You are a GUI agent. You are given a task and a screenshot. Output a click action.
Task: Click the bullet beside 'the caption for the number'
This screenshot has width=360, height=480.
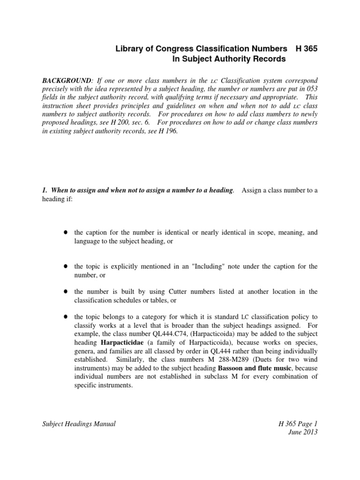click(x=67, y=232)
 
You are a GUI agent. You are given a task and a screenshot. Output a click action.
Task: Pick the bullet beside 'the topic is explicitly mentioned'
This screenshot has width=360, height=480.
click(x=67, y=266)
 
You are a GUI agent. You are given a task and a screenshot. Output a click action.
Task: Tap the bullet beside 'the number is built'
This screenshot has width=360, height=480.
click(x=67, y=292)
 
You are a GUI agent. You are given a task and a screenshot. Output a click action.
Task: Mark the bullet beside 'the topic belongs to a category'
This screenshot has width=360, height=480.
click(x=67, y=317)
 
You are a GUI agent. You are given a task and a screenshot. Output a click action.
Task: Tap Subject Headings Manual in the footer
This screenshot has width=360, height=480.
click(x=79, y=424)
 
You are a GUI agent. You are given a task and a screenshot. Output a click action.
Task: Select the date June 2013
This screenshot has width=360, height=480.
click(x=304, y=432)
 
